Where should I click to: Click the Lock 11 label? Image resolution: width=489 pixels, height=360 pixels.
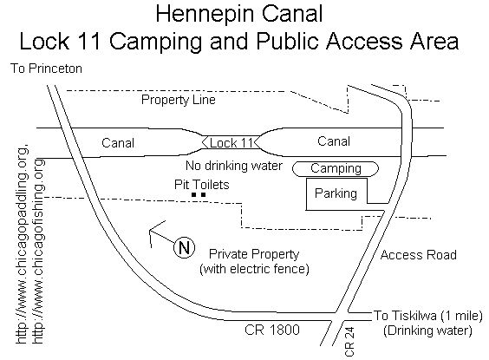coord(231,143)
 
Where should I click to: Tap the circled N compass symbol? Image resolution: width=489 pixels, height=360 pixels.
coord(185,248)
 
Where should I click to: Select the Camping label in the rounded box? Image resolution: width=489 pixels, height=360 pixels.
coord(336,168)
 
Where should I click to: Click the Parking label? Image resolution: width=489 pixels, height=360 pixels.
coord(336,193)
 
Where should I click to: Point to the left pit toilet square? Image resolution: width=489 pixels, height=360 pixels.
coord(193,195)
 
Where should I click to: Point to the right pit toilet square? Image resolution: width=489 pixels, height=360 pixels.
coord(204,195)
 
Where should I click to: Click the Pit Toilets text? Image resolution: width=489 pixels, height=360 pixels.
coord(201,185)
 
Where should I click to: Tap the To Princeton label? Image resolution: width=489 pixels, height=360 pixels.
coord(46,69)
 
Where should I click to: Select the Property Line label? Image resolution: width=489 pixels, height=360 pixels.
coord(178,100)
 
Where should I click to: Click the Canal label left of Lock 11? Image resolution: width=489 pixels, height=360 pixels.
coord(118,143)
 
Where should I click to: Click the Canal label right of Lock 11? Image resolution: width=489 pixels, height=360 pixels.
coord(334,141)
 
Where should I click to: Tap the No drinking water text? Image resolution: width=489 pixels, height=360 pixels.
coord(234,166)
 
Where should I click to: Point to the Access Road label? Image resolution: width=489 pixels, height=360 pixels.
coord(419,255)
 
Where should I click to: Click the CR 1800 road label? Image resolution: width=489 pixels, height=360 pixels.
coord(272,330)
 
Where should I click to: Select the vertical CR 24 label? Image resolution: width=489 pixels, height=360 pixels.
coord(350,341)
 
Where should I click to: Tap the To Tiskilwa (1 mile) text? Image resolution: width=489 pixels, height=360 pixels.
coord(428,316)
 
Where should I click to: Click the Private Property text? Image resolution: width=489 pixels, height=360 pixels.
coord(254,254)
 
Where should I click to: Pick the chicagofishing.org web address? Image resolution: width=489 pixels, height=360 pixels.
coord(38,252)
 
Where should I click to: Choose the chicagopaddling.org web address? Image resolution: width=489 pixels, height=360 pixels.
coord(22,245)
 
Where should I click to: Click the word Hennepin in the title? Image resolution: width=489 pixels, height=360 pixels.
coord(205,15)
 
